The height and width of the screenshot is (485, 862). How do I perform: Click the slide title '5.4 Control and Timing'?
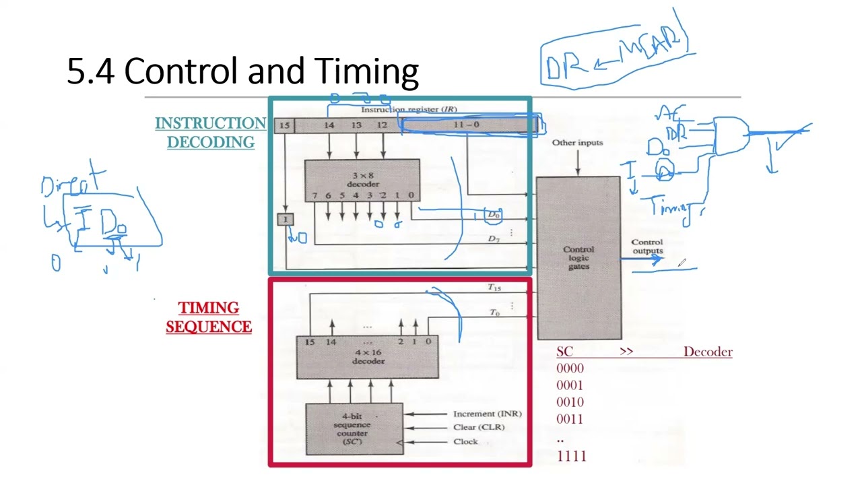coord(242,71)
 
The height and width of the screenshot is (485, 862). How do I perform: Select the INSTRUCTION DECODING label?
coord(211,133)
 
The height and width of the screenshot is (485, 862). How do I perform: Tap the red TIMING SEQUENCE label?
coord(209,317)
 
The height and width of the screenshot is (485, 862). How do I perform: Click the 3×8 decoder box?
coord(362,180)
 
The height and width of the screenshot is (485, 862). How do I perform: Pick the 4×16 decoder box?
coord(368,357)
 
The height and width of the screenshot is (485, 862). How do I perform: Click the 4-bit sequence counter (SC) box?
coord(354,428)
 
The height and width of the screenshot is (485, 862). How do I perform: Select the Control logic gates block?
coord(578,258)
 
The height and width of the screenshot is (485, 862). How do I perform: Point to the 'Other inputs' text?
coord(577,143)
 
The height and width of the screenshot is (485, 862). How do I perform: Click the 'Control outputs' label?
coord(646,247)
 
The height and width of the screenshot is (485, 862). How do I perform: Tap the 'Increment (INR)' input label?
coord(487,414)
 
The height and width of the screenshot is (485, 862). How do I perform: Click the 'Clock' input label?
coord(465,442)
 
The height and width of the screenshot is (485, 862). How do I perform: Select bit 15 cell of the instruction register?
coord(284,125)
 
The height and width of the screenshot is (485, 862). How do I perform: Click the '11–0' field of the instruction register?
coord(466,125)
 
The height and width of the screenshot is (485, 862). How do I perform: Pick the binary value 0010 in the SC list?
coord(570,402)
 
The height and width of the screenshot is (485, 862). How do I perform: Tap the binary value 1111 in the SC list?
coord(571,457)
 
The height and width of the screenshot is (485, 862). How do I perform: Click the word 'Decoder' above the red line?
coord(707,352)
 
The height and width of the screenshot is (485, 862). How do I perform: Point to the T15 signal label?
coord(494,288)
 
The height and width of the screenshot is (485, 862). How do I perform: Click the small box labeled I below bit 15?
coord(285,220)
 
